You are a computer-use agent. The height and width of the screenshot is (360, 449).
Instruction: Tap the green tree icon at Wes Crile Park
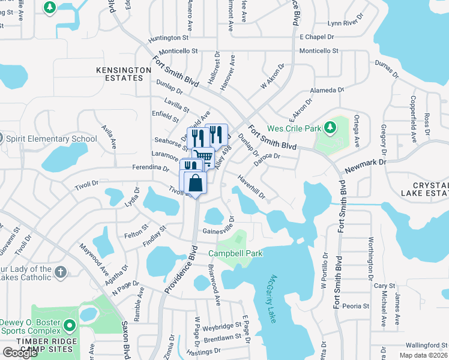pos(330,127)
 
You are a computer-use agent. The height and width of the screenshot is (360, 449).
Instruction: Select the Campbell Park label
pos(235,253)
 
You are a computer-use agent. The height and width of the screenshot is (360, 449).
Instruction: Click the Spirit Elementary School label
pos(51,139)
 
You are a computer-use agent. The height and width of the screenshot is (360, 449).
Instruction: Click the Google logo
pos(20,352)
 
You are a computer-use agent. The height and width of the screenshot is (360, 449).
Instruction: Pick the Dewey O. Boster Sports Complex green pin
pos(70,326)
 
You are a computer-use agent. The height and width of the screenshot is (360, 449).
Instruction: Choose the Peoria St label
pos(355,306)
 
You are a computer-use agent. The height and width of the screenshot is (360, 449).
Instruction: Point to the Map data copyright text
pos(422,355)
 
